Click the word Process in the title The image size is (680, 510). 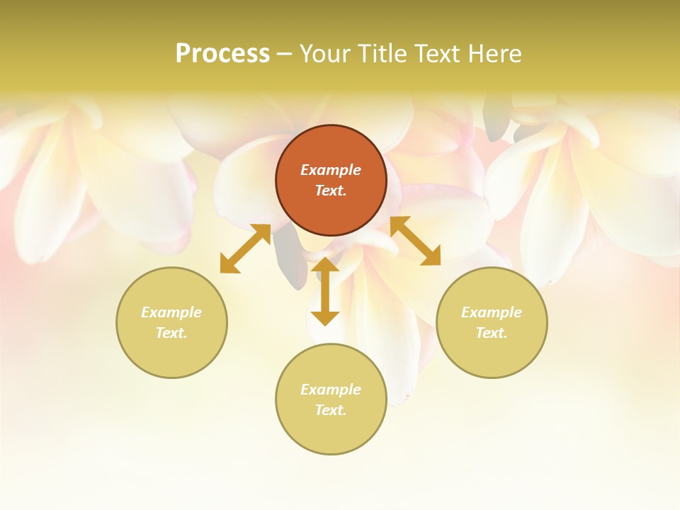[222, 54]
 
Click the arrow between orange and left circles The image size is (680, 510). [245, 249]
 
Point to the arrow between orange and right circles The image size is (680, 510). [415, 241]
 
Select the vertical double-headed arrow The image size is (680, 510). [325, 291]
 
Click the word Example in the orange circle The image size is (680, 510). [331, 170]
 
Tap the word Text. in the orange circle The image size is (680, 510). [331, 191]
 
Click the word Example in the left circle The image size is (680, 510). [171, 312]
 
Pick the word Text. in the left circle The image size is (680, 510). [171, 333]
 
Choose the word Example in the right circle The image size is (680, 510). [492, 312]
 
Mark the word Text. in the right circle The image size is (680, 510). [492, 333]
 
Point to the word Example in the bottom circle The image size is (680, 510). [331, 390]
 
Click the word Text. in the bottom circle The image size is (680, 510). [331, 410]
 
